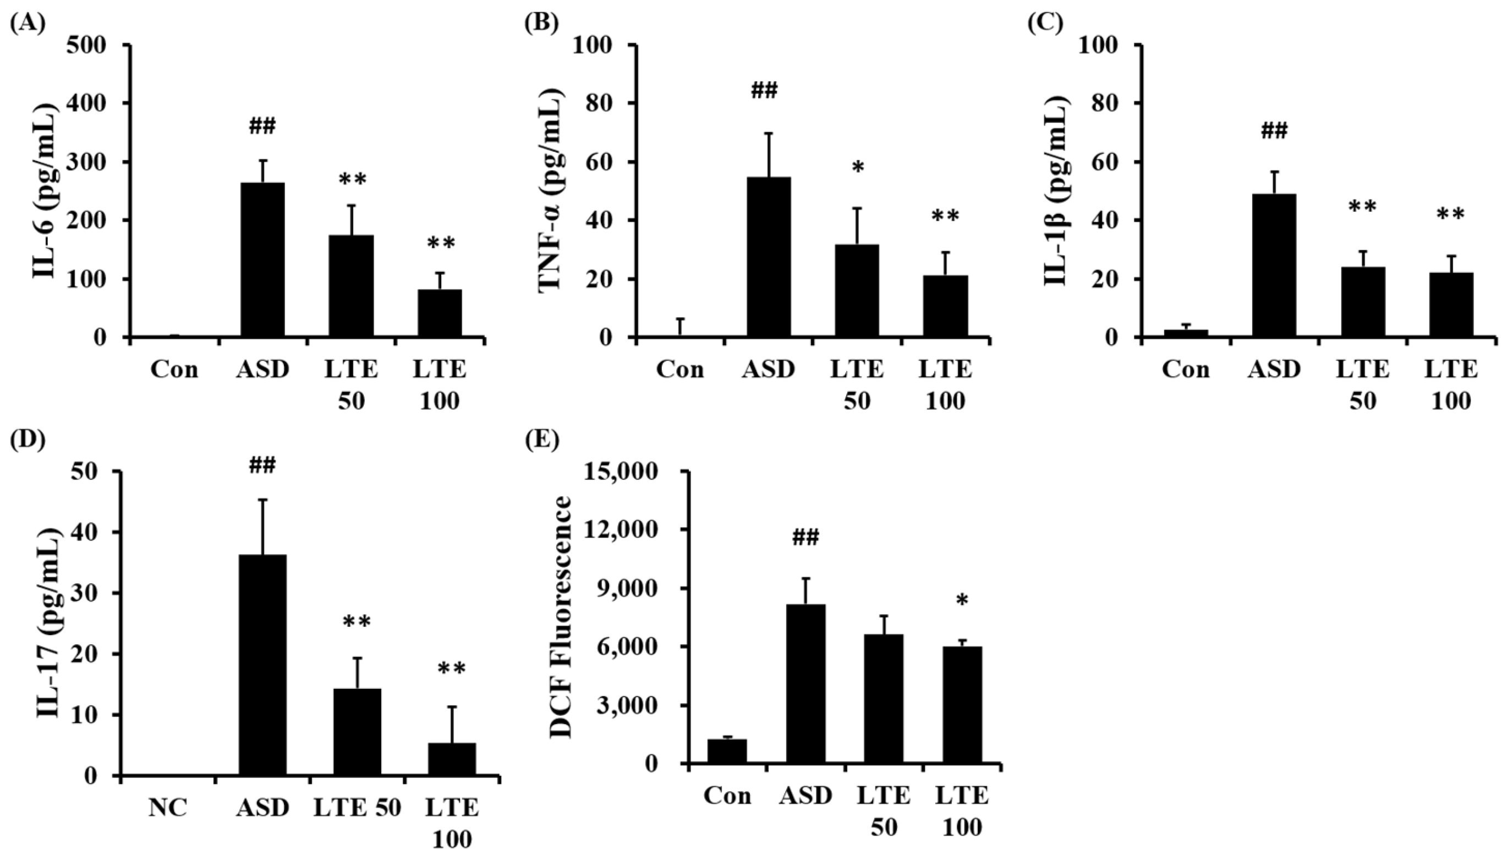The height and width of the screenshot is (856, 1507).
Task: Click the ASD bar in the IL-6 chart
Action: point(262,260)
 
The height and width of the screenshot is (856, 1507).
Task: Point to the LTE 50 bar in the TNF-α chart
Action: point(857,291)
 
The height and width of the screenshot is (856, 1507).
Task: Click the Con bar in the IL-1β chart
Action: point(1186,333)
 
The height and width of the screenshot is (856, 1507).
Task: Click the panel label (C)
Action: point(1045,23)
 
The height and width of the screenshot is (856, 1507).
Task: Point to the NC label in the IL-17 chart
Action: point(168,808)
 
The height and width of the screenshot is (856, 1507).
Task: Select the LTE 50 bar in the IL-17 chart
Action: point(357,732)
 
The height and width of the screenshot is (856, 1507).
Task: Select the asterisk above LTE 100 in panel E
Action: point(962,618)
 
